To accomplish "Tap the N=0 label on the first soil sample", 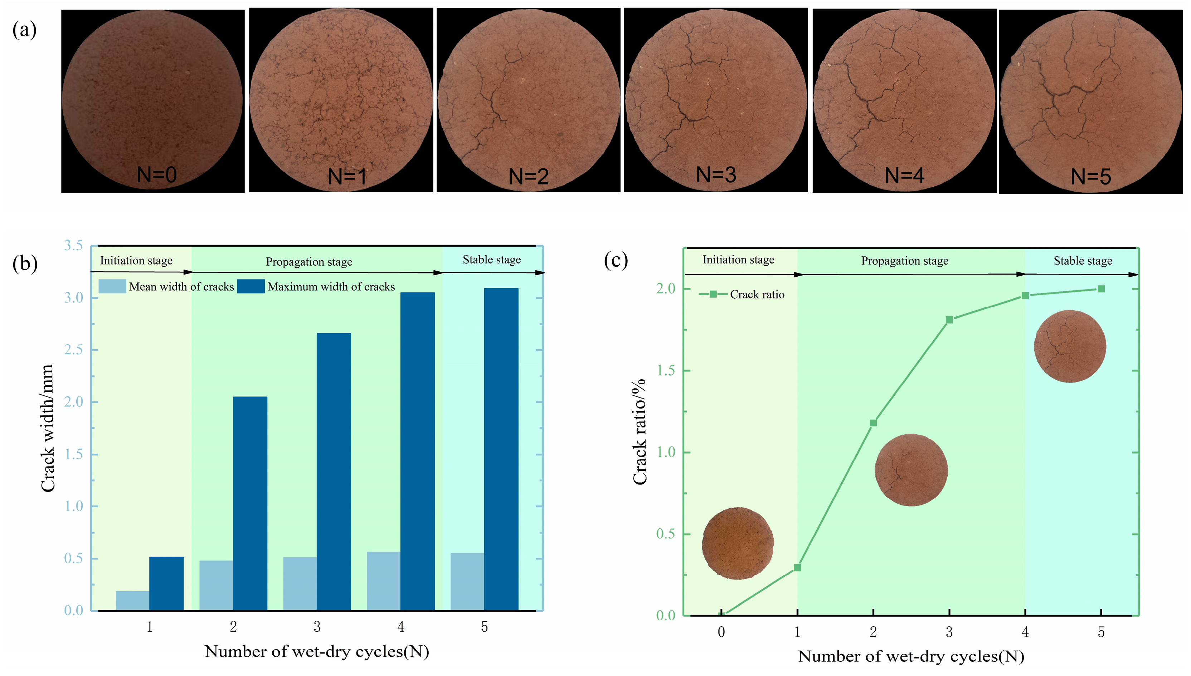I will coord(157,175).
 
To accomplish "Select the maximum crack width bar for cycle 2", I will coord(250,503).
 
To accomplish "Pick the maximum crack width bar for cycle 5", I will coord(501,449).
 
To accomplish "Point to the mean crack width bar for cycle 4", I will coord(383,581).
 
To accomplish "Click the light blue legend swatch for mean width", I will coord(112,286).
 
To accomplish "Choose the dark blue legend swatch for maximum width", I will coord(251,286).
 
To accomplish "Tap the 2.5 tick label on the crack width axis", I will coord(73,350).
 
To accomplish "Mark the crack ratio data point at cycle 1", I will coord(797,567).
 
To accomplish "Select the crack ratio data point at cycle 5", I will coord(1101,289).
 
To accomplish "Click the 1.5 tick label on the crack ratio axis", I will coord(665,370).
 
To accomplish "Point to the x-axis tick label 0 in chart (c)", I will coord(721,632).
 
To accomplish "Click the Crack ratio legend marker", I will coord(713,294).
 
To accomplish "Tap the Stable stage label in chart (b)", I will coord(492,260).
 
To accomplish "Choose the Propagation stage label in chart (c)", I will coord(904,261).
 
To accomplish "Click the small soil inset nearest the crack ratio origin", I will coord(738,543).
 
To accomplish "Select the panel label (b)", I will coord(25,263).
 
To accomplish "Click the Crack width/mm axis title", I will coord(47,428).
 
